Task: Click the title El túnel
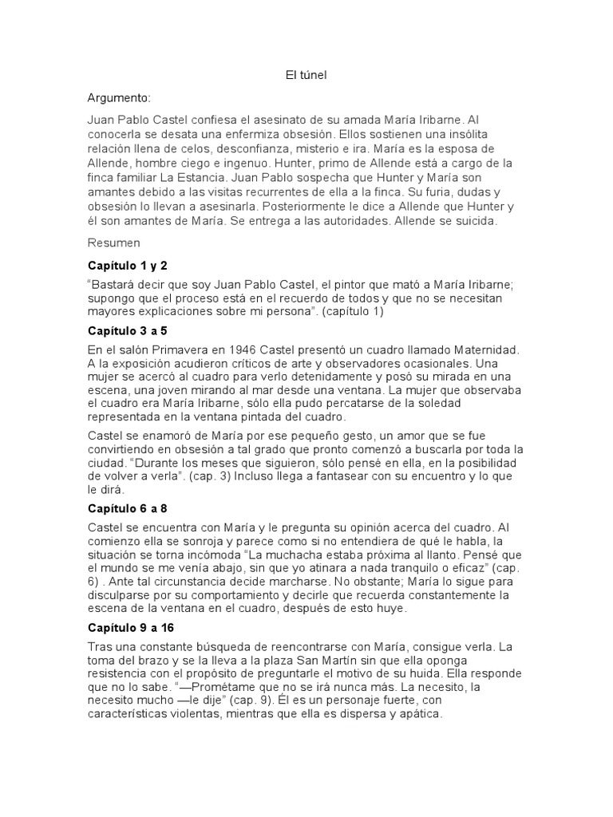(x=306, y=76)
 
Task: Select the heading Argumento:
(x=119, y=98)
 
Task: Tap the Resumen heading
(x=113, y=243)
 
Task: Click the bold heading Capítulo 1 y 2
(x=127, y=265)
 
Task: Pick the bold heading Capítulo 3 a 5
(x=127, y=330)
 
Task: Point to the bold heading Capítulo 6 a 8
(x=127, y=508)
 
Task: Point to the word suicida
(x=473, y=221)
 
